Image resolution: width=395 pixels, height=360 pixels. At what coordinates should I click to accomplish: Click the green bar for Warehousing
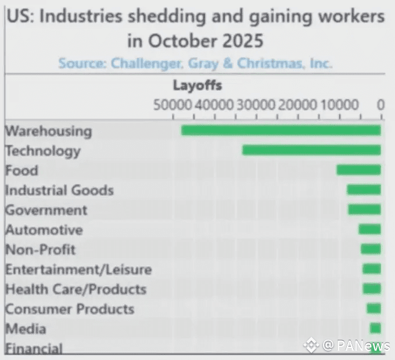(281, 130)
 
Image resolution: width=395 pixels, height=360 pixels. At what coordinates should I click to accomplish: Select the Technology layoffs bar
(311, 150)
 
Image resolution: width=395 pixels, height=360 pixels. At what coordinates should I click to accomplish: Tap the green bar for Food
(358, 170)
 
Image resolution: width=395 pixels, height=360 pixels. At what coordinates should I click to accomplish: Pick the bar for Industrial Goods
(364, 190)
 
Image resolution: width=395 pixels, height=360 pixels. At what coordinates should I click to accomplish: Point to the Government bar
(364, 209)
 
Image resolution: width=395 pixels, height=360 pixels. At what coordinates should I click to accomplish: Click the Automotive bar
(369, 229)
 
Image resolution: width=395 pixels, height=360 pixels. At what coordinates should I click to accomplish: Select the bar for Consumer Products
(374, 308)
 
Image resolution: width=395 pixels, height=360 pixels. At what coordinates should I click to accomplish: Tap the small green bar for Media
(375, 328)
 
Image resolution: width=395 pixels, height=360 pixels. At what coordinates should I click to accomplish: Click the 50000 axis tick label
(173, 105)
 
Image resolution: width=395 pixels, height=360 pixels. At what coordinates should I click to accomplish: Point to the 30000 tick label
(256, 105)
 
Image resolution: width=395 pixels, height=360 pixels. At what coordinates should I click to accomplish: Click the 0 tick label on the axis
(380, 105)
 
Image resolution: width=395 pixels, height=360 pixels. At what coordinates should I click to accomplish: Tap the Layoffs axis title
(198, 86)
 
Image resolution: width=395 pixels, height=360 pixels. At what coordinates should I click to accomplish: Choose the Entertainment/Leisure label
(78, 270)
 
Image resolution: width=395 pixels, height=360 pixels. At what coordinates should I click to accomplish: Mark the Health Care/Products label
(76, 289)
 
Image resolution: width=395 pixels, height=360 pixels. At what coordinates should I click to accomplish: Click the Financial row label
(34, 349)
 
